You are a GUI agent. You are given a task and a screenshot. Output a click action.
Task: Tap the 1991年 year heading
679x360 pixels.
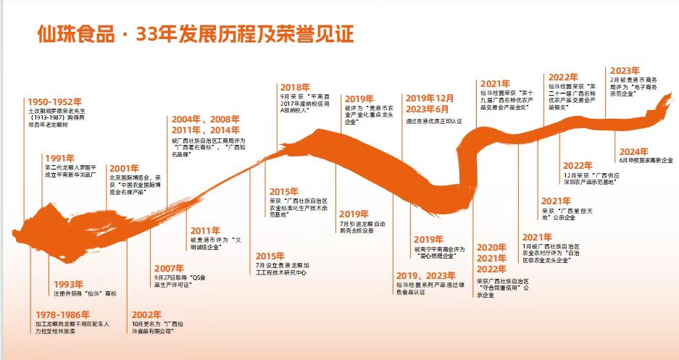pyautogui.click(x=59, y=157)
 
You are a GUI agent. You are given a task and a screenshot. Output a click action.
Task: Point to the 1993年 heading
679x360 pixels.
pyautogui.click(x=69, y=284)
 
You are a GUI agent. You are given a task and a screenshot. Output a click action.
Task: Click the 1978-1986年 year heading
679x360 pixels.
pyautogui.click(x=64, y=315)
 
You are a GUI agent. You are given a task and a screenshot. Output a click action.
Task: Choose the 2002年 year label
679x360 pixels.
pyautogui.click(x=147, y=315)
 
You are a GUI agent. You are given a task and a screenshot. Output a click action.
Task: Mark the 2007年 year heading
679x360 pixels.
pyautogui.click(x=169, y=267)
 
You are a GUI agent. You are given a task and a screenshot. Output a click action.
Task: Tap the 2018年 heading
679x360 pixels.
pyautogui.click(x=295, y=87)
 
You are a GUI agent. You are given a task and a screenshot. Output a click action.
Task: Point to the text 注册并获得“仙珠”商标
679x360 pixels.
pyautogui.click(x=86, y=293)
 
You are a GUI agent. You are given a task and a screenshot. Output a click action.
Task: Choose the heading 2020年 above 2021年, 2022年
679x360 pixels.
pyautogui.click(x=491, y=248)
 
